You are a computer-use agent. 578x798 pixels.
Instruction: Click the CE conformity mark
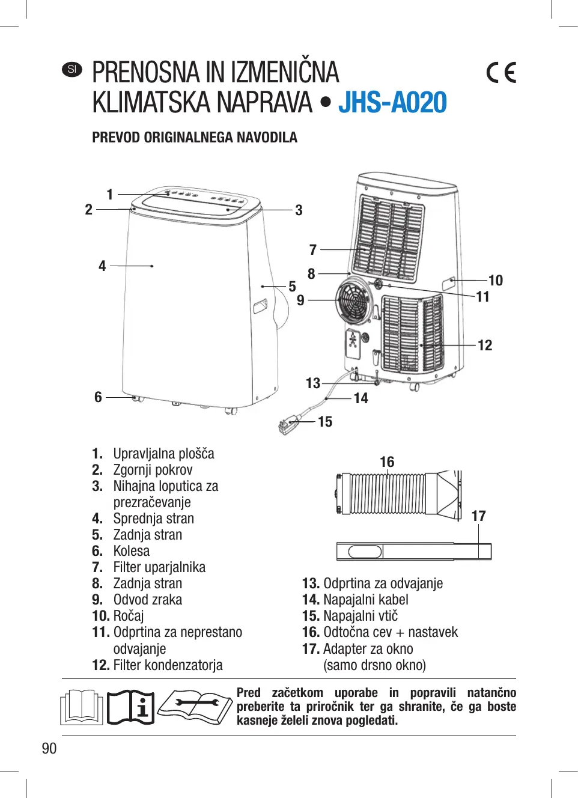(x=501, y=73)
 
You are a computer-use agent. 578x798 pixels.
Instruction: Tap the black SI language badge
(x=72, y=69)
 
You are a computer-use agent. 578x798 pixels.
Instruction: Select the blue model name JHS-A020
(x=392, y=102)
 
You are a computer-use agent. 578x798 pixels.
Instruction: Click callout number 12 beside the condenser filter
(x=485, y=346)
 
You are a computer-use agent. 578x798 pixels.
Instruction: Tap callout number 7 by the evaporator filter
(x=312, y=249)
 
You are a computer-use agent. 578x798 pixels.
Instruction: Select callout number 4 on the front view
(x=102, y=266)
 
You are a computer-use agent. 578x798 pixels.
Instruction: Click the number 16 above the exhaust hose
(x=387, y=461)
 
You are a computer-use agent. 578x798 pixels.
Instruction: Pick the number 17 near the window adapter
(x=478, y=516)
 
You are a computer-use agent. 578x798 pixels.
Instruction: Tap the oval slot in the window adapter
(x=365, y=551)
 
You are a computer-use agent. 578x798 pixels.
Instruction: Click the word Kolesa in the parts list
(x=132, y=551)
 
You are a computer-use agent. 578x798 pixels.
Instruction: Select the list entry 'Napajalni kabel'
(x=365, y=600)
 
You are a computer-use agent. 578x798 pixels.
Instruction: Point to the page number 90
(x=49, y=748)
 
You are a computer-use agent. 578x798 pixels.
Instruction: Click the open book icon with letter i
(x=130, y=707)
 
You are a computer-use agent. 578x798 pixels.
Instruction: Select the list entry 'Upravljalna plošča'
(x=163, y=454)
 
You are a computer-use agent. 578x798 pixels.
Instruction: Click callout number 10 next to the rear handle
(x=495, y=280)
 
